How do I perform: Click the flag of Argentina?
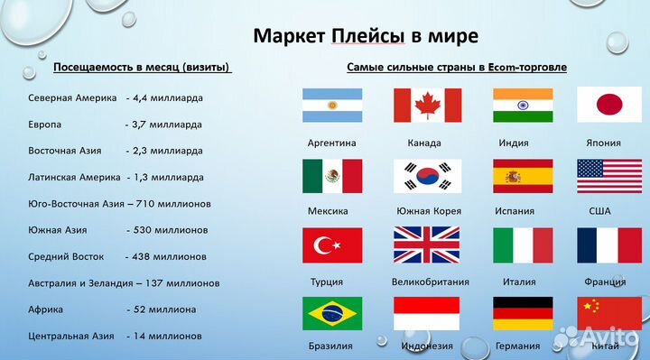point(332,106)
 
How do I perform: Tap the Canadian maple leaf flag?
point(427,106)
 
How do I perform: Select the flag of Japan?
point(610,106)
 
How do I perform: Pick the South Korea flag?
point(427,176)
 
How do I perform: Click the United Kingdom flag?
point(427,245)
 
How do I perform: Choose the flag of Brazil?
point(332,314)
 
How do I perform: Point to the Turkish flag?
point(332,245)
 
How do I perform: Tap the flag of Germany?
point(523,314)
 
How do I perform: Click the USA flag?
point(610,176)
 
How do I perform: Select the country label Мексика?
point(327,211)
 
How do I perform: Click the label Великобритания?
point(431,282)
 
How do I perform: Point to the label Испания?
point(515,211)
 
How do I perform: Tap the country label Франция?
point(604,282)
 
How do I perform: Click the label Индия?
point(513,143)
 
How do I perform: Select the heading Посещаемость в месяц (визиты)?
point(142,68)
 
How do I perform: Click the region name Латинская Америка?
point(73,177)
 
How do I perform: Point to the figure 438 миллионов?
point(169,256)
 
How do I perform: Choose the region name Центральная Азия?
point(71,336)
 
